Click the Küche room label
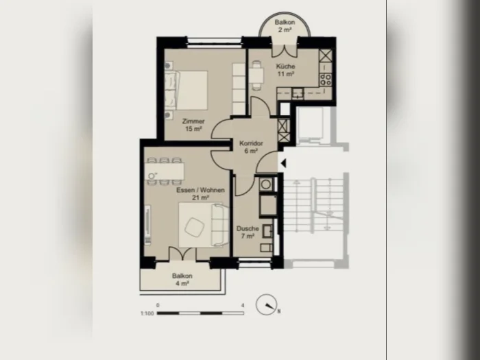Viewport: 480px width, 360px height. pyautogui.click(x=286, y=66)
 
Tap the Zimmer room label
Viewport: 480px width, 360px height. pyautogui.click(x=193, y=121)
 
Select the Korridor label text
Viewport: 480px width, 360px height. pyautogui.click(x=251, y=143)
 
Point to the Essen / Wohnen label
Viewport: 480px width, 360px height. pyautogui.click(x=200, y=190)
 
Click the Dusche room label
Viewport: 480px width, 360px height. pyautogui.click(x=248, y=228)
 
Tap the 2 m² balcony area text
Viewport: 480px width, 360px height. pyautogui.click(x=285, y=29)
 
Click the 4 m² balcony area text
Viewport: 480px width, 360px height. pyautogui.click(x=182, y=283)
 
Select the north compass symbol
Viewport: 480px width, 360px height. pyautogui.click(x=267, y=304)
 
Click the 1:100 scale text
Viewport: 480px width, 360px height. pyautogui.click(x=147, y=313)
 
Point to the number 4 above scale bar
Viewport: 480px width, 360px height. pyautogui.click(x=243, y=305)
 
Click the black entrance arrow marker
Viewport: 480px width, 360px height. pyautogui.click(x=283, y=164)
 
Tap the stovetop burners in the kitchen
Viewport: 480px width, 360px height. pyautogui.click(x=326, y=80)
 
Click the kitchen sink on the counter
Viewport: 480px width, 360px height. pyautogui.click(x=297, y=93)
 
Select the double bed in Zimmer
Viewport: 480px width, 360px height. pyautogui.click(x=186, y=90)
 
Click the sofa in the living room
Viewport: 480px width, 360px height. pyautogui.click(x=220, y=226)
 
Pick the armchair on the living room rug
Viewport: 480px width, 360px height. pyautogui.click(x=194, y=227)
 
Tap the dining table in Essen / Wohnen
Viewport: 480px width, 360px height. pyautogui.click(x=165, y=171)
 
